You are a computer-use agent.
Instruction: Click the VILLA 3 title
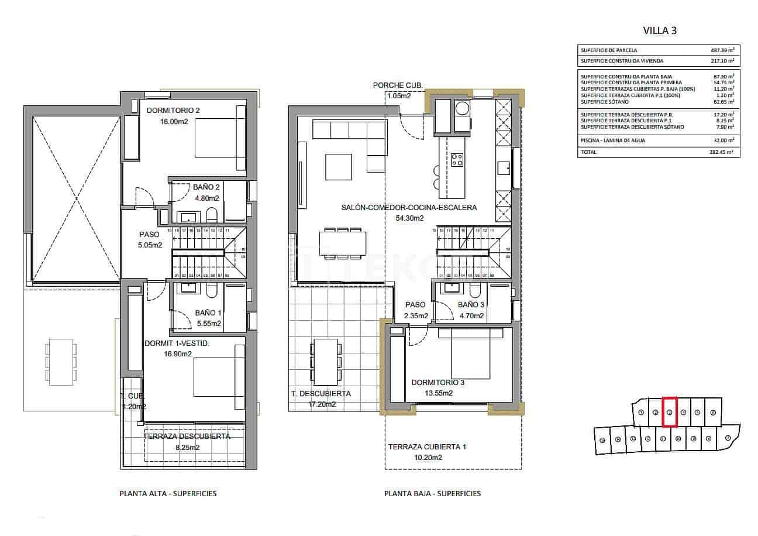659,30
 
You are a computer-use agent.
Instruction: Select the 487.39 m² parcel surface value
722,50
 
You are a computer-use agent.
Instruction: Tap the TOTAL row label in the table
589,152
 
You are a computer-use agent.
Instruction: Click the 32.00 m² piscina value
722,140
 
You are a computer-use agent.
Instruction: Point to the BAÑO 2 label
206,187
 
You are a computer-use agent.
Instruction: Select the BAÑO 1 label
208,313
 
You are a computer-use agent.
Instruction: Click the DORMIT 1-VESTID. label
177,343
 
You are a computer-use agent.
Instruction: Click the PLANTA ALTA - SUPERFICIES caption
168,493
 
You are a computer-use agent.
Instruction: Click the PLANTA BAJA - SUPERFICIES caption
432,493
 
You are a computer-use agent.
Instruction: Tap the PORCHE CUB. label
398,85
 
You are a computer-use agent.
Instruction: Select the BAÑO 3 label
471,305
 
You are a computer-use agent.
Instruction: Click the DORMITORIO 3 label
437,383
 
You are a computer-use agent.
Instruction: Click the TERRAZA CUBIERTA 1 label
427,447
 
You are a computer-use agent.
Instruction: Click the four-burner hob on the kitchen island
457,159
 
